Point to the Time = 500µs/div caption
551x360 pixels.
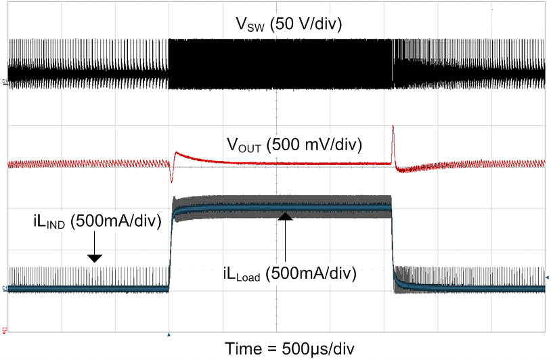point(289,348)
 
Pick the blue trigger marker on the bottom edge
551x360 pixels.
point(169,334)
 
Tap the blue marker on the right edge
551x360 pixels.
point(547,277)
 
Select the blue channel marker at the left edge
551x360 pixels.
point(5,290)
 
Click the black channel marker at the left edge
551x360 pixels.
point(5,82)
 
